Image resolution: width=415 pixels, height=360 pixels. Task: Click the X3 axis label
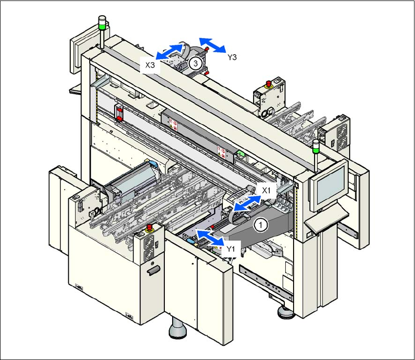tap(150, 64)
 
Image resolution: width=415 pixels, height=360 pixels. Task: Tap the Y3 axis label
tap(232, 57)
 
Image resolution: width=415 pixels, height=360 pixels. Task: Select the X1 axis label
tap(266, 190)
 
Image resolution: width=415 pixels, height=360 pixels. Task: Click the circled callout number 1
tap(261, 225)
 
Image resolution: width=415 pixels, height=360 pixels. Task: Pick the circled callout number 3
tap(196, 63)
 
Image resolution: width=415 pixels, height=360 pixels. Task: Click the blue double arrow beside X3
tap(170, 51)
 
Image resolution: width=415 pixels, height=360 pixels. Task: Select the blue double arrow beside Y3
tap(212, 45)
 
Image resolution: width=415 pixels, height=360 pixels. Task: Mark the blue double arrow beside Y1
tap(210, 238)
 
